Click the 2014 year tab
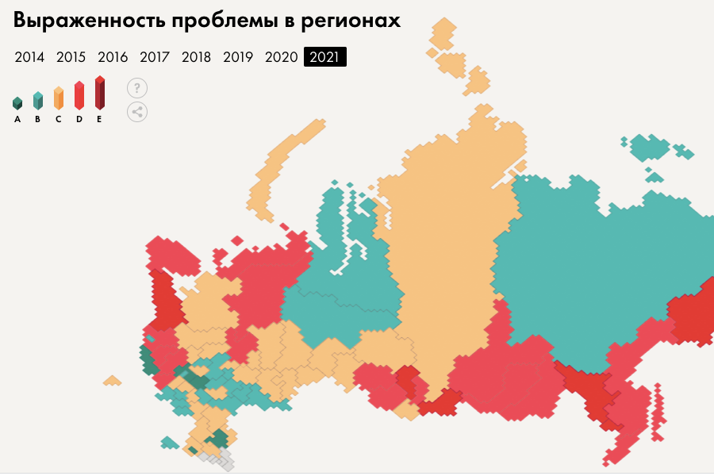click(29, 57)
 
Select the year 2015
click(71, 57)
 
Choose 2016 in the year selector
click(113, 57)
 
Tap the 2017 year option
click(155, 57)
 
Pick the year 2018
click(196, 57)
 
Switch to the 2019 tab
click(238, 57)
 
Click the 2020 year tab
click(281, 57)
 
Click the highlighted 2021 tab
click(325, 57)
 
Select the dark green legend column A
click(17, 103)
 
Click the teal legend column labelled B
click(37, 100)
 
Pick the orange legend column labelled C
click(58, 98)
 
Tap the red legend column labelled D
click(79, 95)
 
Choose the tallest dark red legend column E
click(99, 93)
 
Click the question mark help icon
click(137, 88)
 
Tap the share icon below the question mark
click(137, 111)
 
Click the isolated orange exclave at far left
click(113, 381)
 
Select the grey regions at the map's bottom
click(217, 458)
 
